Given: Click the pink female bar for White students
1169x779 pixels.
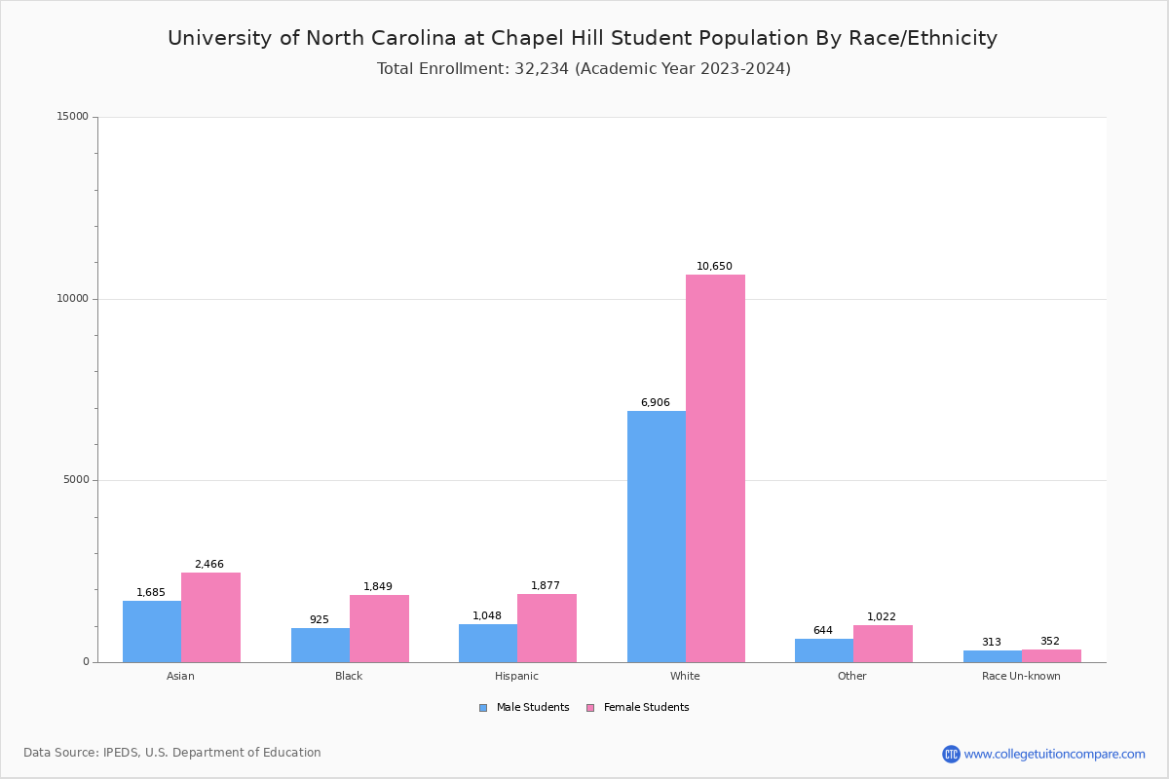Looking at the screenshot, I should (x=715, y=468).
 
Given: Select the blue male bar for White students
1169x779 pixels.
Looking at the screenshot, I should (x=657, y=537).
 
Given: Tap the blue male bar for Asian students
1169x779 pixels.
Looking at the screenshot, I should (x=152, y=631).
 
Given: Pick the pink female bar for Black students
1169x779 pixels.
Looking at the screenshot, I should (x=379, y=628).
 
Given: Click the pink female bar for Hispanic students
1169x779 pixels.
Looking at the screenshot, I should (x=547, y=628).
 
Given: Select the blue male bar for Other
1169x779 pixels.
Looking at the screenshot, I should (x=824, y=650).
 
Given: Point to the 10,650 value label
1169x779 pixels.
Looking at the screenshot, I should (x=714, y=267).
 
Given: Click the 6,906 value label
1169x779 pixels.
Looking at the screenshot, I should (x=655, y=403).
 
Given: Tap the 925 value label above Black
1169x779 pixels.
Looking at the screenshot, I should (x=320, y=620).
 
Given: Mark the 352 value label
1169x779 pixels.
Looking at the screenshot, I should (x=1049, y=642).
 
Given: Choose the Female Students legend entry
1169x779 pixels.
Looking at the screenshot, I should (x=638, y=708).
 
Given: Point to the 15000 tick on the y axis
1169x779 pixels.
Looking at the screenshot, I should (x=73, y=117).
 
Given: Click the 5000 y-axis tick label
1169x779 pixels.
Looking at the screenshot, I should (x=76, y=480).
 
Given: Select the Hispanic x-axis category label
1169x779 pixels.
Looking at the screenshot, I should (x=516, y=676).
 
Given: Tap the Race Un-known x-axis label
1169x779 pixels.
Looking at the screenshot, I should (x=1021, y=676).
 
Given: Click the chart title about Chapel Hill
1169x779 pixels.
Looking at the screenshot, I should (x=583, y=38).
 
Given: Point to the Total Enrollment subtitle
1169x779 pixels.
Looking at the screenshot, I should (x=584, y=69).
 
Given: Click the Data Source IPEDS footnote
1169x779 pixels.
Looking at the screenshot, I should (x=172, y=753).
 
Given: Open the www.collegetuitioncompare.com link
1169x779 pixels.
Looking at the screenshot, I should (x=1054, y=754).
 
